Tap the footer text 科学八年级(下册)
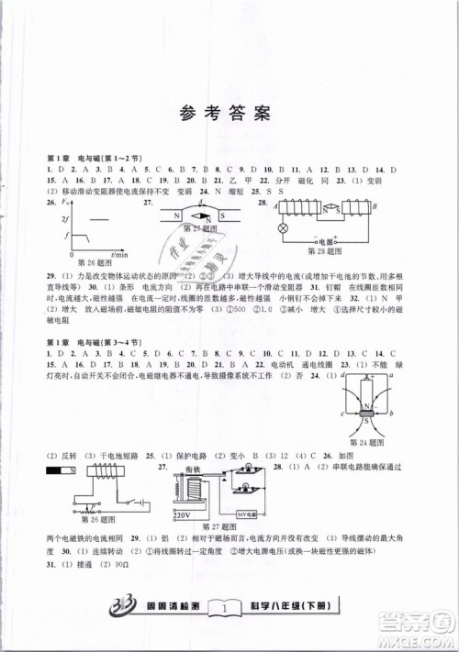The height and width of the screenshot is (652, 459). point(293,606)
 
